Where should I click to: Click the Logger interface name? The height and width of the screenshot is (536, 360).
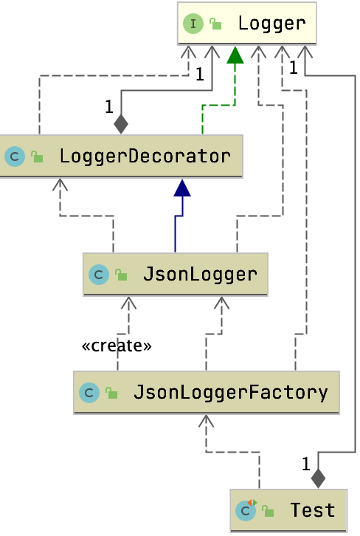tap(271, 23)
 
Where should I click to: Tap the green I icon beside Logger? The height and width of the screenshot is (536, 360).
tap(193, 24)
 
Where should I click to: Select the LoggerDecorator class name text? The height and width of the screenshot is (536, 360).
tap(145, 157)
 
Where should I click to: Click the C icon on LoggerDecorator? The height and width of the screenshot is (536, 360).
tap(15, 157)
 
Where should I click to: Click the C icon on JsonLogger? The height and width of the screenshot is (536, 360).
tap(98, 275)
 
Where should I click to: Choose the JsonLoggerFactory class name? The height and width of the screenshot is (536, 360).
tap(230, 391)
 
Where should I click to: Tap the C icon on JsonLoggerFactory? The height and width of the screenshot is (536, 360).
tap(89, 392)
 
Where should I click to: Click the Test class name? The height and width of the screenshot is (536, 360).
tap(312, 509)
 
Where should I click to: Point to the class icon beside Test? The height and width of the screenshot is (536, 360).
tap(245, 509)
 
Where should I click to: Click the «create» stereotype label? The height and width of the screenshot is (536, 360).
tap(117, 346)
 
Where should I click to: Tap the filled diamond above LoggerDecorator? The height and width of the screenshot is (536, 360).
tap(121, 123)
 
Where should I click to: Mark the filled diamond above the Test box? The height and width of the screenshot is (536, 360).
tap(318, 478)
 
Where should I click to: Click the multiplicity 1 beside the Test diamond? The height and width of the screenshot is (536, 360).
tap(305, 464)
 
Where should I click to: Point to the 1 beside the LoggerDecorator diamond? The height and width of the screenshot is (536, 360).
tap(108, 107)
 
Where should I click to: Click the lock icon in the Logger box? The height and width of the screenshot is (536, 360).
tap(215, 24)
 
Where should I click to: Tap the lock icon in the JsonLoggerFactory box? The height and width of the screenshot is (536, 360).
tap(111, 392)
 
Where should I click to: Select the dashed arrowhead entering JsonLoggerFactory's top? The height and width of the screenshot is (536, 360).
tap(206, 422)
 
